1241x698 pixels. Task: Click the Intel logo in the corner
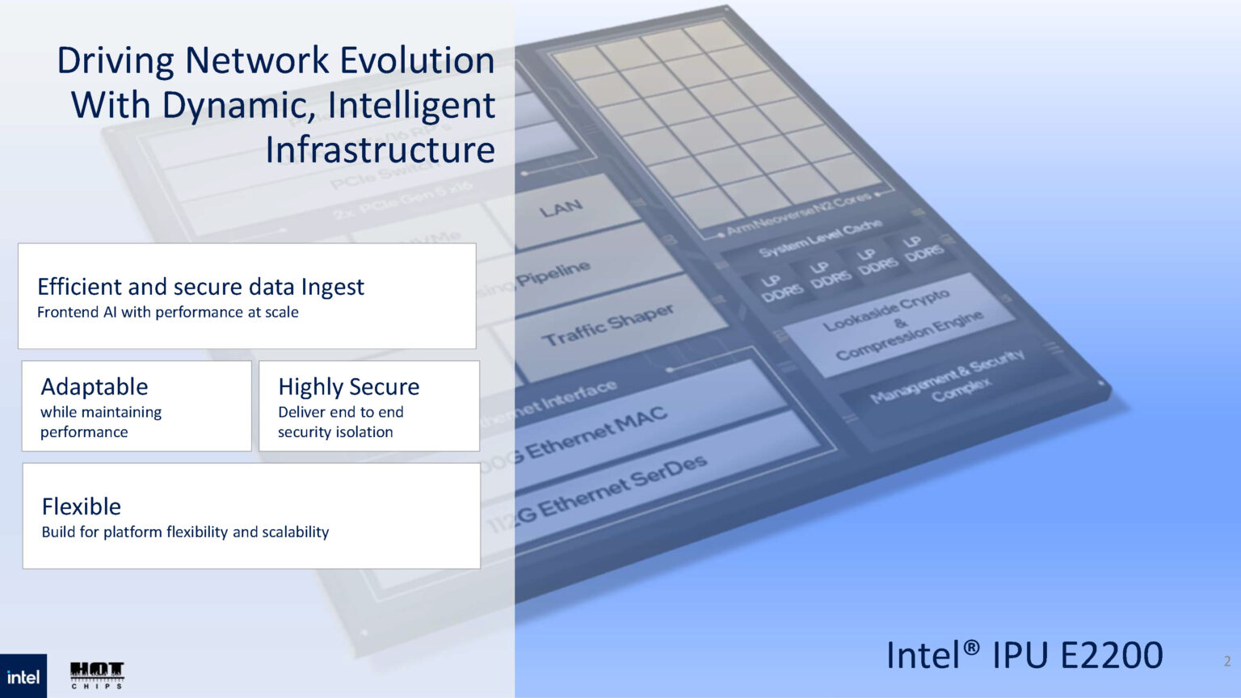click(23, 676)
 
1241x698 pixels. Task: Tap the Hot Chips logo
click(97, 674)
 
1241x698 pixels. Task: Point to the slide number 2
click(1227, 661)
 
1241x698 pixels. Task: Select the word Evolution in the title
click(417, 61)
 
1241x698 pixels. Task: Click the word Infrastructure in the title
click(380, 150)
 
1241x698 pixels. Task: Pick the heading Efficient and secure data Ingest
click(200, 287)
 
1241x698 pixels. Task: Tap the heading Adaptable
click(95, 387)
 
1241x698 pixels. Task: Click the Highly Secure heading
click(348, 387)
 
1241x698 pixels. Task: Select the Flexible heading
click(82, 507)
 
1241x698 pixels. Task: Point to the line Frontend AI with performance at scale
click(168, 313)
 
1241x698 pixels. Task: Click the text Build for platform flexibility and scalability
click(185, 532)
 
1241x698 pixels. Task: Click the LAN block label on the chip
click(561, 208)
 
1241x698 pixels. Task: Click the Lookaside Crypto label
click(887, 311)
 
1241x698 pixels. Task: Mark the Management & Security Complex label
click(948, 378)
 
